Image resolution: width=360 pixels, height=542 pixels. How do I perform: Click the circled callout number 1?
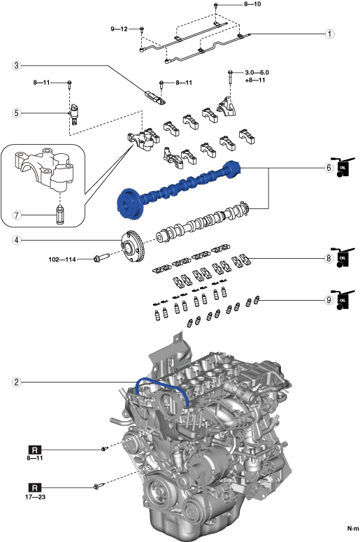click(330, 34)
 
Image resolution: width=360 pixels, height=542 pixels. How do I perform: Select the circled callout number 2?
click(16, 383)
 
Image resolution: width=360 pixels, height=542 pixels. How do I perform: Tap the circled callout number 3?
click(16, 65)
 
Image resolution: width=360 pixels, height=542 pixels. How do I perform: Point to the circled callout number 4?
click(16, 241)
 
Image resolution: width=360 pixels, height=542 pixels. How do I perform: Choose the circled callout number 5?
click(16, 113)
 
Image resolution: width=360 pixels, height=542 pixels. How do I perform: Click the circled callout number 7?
click(16, 215)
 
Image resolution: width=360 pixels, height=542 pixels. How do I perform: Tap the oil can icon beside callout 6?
click(343, 167)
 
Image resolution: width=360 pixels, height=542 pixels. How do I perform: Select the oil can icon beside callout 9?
click(343, 300)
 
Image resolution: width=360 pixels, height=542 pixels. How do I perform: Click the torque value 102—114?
click(62, 259)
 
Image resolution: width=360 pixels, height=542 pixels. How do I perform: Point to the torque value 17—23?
click(35, 497)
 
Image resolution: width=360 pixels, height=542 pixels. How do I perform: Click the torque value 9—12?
click(120, 29)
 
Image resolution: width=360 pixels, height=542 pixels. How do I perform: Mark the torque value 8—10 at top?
click(252, 4)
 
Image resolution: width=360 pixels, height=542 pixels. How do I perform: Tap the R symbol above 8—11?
click(34, 450)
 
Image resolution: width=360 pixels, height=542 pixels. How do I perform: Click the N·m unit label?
click(353, 529)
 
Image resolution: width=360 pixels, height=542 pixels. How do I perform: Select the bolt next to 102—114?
click(101, 257)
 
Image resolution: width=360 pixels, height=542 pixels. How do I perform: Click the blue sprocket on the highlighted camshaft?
click(129, 204)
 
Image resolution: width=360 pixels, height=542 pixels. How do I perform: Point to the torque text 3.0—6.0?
click(257, 73)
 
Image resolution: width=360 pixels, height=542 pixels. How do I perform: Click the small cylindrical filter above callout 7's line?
click(60, 215)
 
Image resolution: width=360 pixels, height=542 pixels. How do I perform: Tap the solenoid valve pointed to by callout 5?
click(74, 113)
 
